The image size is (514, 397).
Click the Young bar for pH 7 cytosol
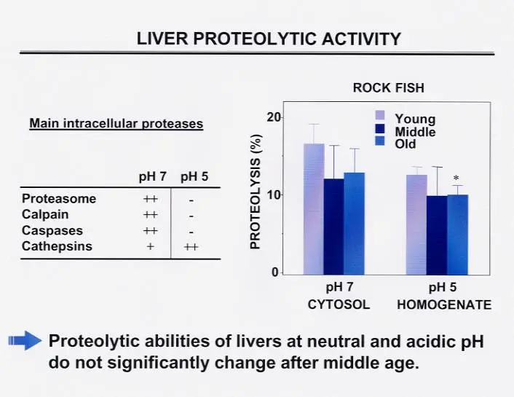click(314, 209)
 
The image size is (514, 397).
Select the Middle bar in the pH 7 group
click(333, 227)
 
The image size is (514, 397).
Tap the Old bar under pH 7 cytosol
click(354, 224)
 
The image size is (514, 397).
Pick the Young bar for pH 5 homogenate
click(416, 225)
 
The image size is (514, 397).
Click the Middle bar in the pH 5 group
click(437, 235)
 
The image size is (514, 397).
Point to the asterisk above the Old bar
click(456, 178)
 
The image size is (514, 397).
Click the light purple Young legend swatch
click(379, 115)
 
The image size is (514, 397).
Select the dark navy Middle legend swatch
click(379, 129)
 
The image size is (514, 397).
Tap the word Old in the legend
click(406, 144)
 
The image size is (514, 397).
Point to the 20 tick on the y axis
click(274, 117)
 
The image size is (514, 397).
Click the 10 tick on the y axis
click(274, 195)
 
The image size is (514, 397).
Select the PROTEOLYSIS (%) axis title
click(256, 192)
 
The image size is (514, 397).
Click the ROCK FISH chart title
click(389, 88)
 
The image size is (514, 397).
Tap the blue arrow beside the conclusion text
click(25, 341)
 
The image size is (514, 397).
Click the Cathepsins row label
click(57, 246)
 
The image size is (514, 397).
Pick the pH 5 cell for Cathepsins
click(191, 247)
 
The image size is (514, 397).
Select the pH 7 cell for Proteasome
click(151, 199)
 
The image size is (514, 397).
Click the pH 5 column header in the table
click(194, 176)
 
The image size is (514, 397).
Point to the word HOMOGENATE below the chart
click(444, 304)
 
